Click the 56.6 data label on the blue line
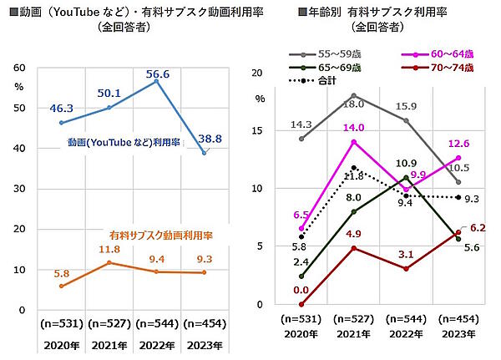click(x=156, y=74)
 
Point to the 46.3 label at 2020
click(x=63, y=109)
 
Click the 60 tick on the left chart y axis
click(x=19, y=68)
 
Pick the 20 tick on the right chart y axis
click(x=256, y=73)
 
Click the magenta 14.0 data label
click(x=354, y=128)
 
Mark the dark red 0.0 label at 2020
click(x=302, y=290)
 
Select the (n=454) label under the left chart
click(x=203, y=322)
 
